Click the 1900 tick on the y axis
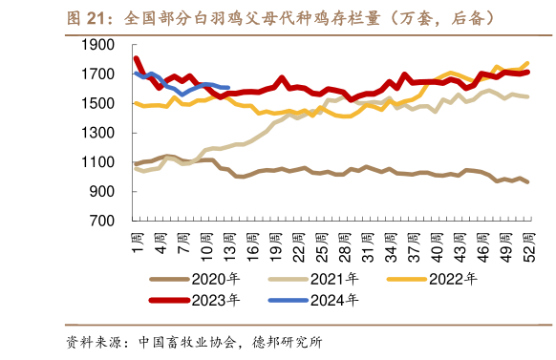pos(102,45)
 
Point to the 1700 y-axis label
pos(102,74)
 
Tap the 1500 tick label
pos(102,103)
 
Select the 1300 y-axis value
pos(102,133)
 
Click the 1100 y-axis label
pos(102,162)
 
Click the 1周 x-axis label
pos(137,240)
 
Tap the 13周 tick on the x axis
pos(226,244)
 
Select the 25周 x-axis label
pos(316,244)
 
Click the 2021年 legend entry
pos(325,280)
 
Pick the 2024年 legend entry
pos(325,300)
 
